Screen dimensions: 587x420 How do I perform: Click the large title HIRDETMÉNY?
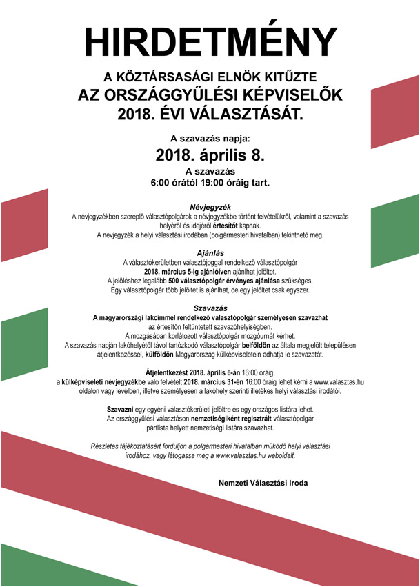point(210,43)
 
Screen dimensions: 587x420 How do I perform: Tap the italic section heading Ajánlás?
point(210,253)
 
